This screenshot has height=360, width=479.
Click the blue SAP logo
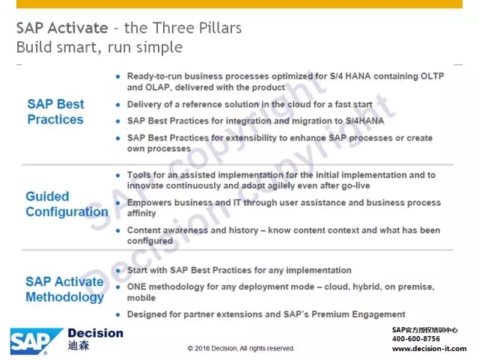[x=36, y=341]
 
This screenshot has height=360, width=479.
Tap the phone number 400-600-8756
[x=416, y=339]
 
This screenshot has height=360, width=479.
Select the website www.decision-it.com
[x=429, y=349]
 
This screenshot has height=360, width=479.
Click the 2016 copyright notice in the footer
[x=241, y=348]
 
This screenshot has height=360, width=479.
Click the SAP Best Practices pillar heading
[x=55, y=112]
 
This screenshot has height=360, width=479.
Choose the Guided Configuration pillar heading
[x=67, y=204]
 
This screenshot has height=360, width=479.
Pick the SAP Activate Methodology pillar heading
[x=65, y=290]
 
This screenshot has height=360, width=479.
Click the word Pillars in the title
[x=220, y=28]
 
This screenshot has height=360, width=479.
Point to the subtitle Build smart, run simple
[x=100, y=47]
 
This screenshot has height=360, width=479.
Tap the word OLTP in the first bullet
[x=433, y=76]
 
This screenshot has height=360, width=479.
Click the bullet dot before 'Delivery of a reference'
[x=118, y=105]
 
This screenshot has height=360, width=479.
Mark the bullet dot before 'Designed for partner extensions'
[x=118, y=315]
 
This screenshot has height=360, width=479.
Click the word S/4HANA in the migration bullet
[x=364, y=121]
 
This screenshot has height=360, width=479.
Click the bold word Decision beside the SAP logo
[x=96, y=333]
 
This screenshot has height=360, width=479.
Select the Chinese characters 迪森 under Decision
[x=79, y=346]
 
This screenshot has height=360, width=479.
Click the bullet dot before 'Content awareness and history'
[x=118, y=231]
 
